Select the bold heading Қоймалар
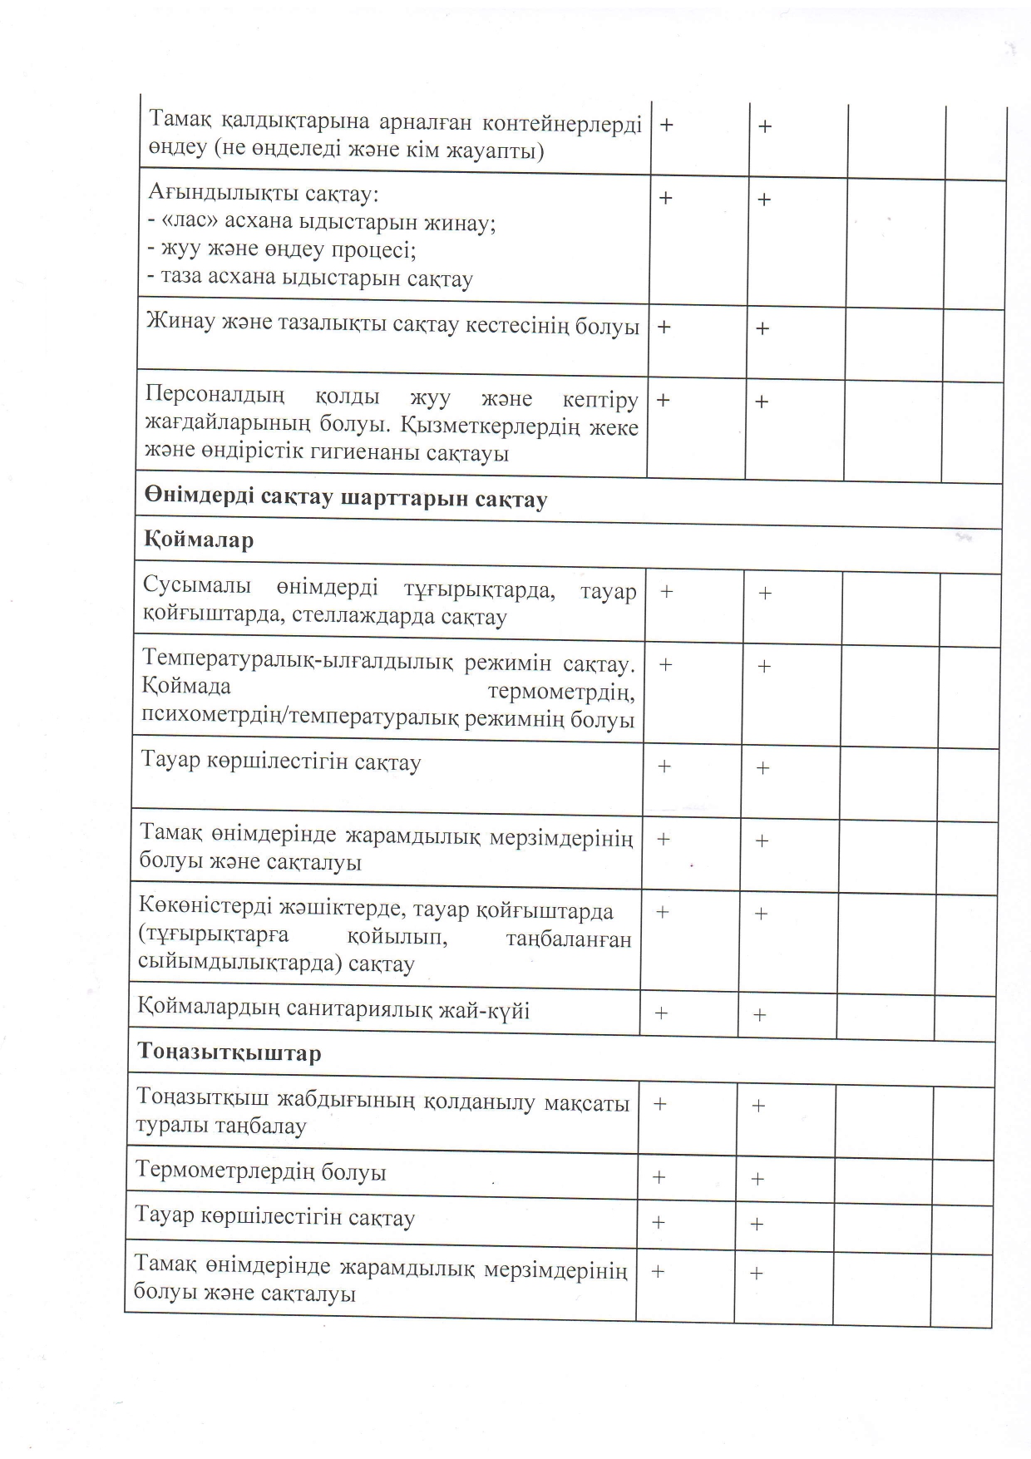coord(198,540)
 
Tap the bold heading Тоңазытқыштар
coord(229,1053)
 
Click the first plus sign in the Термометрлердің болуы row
coord(659,1177)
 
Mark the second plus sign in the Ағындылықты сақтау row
coord(763,200)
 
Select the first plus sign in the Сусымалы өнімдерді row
coord(666,592)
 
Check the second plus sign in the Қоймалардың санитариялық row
coord(759,1015)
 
